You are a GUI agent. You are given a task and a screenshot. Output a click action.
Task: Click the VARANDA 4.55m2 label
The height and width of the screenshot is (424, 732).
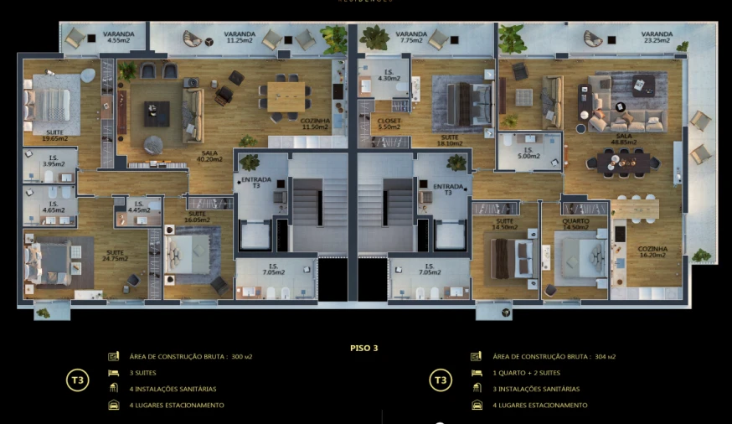click(118, 37)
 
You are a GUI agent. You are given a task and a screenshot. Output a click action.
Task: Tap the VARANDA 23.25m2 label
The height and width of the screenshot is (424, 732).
click(657, 37)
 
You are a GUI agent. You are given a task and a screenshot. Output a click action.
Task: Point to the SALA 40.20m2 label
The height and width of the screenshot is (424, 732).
click(209, 156)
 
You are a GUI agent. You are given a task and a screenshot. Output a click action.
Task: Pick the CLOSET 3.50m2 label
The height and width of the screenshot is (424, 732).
click(389, 123)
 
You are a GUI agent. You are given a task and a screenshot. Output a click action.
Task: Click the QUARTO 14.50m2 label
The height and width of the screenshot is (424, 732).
click(575, 225)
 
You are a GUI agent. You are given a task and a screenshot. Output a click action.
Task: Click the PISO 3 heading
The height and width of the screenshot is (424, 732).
click(364, 347)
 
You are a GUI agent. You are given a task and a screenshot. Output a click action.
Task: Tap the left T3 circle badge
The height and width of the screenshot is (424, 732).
click(78, 380)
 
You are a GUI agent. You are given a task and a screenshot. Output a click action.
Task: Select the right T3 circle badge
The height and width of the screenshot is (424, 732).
click(441, 380)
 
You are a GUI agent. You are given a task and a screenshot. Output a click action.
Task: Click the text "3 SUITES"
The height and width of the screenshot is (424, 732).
click(142, 372)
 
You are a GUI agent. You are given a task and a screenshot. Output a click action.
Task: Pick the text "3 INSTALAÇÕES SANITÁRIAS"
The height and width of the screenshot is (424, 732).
click(536, 389)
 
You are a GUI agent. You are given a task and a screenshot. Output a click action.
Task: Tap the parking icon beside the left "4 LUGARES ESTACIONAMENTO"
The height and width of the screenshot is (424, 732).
click(114, 405)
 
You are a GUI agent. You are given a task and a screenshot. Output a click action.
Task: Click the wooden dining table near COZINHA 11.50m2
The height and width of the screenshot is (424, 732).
click(285, 92)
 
